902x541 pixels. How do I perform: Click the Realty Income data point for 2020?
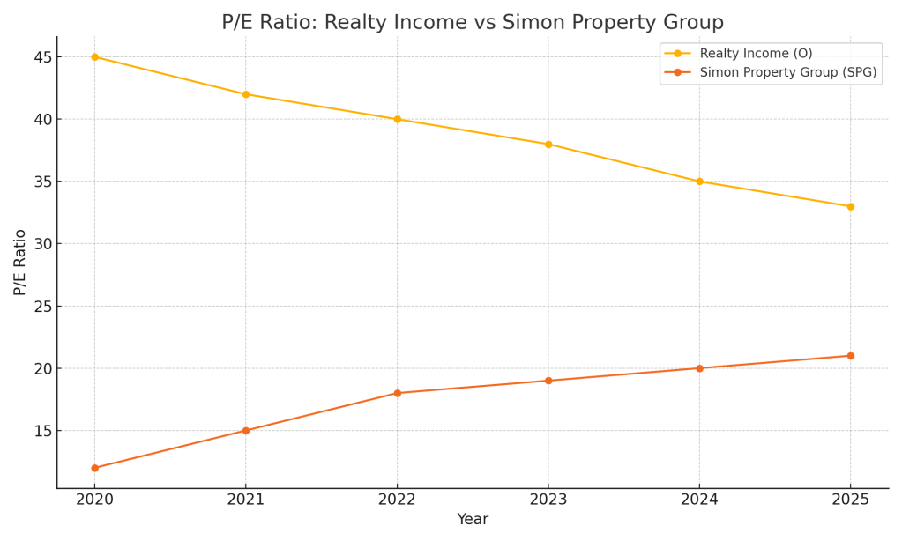click(94, 57)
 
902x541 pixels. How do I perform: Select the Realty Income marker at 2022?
click(397, 119)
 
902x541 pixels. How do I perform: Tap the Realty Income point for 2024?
click(699, 182)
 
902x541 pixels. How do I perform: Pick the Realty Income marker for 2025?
click(850, 206)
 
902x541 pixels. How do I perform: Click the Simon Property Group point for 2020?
click(94, 468)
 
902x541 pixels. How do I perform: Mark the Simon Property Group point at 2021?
click(246, 431)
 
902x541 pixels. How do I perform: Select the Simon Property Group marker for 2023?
click(548, 381)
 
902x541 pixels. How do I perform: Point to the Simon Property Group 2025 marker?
click(850, 356)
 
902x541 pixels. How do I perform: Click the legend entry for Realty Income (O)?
click(756, 54)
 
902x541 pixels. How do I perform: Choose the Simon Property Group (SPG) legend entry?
click(787, 72)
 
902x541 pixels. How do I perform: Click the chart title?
click(472, 23)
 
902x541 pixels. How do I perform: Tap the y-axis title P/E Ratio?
click(20, 262)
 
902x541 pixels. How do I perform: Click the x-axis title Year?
click(473, 520)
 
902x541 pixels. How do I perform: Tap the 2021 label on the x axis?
click(246, 500)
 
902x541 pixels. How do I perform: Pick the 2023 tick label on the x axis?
click(548, 500)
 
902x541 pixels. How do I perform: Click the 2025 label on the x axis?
click(850, 500)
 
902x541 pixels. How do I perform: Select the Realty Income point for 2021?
click(246, 94)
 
